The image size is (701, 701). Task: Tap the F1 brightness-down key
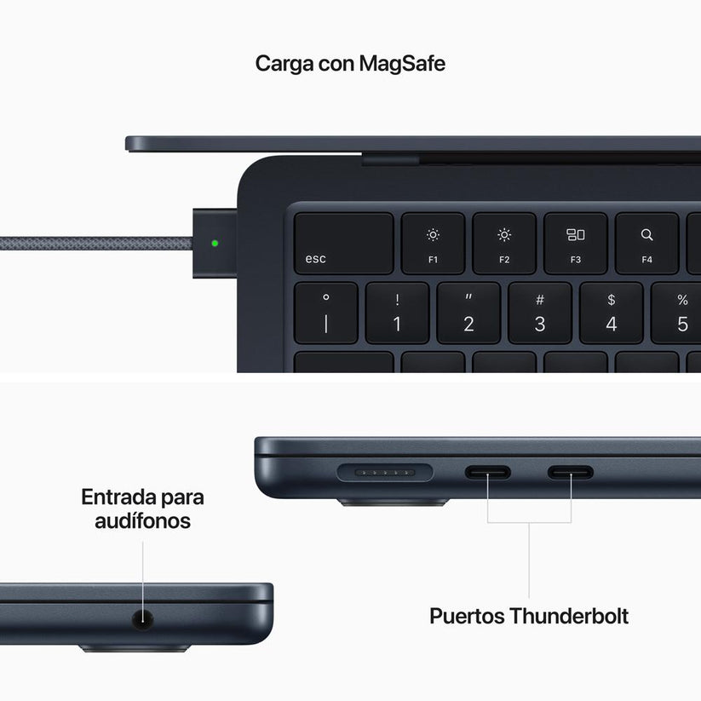pyautogui.click(x=433, y=244)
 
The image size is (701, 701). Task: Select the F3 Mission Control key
pyautogui.click(x=576, y=244)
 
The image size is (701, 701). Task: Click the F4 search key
pyautogui.click(x=646, y=244)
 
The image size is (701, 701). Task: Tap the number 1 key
pyautogui.click(x=397, y=313)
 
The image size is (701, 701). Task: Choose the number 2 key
pyautogui.click(x=468, y=313)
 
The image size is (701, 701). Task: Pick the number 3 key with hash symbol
pyautogui.click(x=540, y=313)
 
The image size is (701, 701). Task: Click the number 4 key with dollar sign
pyautogui.click(x=611, y=313)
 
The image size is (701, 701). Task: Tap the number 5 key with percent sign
pyautogui.click(x=679, y=313)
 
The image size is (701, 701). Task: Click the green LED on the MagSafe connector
pyautogui.click(x=215, y=243)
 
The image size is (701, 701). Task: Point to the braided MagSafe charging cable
pyautogui.click(x=94, y=244)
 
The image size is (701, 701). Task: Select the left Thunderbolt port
pyautogui.click(x=487, y=471)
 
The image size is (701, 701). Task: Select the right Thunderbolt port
pyautogui.click(x=571, y=471)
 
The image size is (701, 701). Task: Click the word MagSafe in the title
pyautogui.click(x=402, y=64)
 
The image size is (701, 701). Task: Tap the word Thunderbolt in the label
pyautogui.click(x=569, y=616)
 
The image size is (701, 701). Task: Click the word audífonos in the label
pyautogui.click(x=142, y=520)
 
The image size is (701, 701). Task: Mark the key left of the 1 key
pyautogui.click(x=326, y=313)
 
